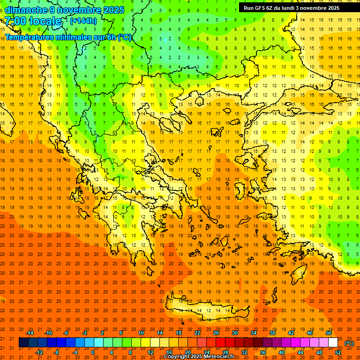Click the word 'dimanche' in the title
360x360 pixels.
click(x=26, y=10)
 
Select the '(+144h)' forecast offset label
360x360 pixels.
click(x=83, y=21)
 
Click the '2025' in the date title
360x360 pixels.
click(x=113, y=10)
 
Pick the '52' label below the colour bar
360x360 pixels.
click(x=338, y=352)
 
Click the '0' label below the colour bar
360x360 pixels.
click(x=93, y=352)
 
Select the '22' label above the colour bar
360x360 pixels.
click(x=197, y=333)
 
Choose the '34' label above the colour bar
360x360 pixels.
click(x=253, y=333)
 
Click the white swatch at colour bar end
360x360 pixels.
click(x=333, y=343)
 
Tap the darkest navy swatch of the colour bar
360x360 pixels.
click(x=23, y=343)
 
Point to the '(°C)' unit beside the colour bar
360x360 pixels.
click(x=349, y=343)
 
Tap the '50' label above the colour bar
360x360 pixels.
click(x=328, y=333)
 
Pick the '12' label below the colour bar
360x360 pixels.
click(x=150, y=352)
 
